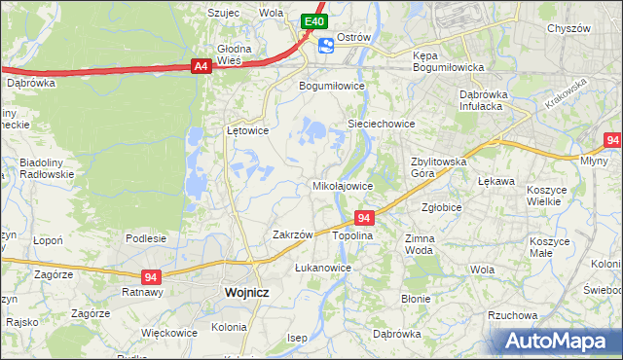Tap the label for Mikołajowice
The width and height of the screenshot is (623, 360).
pos(342,185)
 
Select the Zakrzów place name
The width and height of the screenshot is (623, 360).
pos(292,234)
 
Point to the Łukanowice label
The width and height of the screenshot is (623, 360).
pos(322,267)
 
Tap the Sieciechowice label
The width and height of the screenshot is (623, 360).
pos(383,125)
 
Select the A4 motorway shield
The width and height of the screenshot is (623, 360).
pos(201,66)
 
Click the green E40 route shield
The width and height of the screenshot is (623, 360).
pos(312,20)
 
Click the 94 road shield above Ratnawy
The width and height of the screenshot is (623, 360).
pos(150,276)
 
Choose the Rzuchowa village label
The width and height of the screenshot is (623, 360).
pos(513,315)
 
